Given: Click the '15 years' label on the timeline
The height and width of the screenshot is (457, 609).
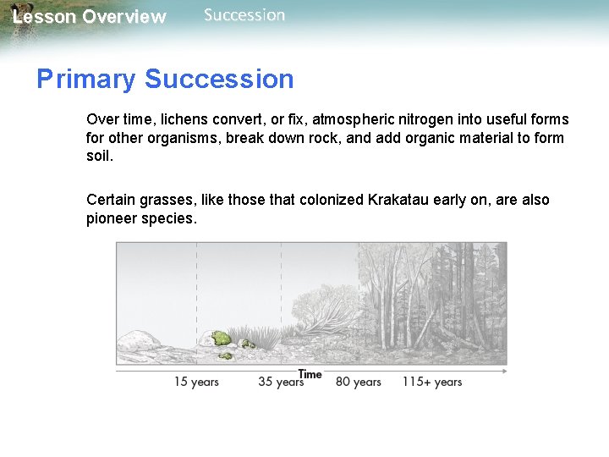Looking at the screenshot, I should point(196,382).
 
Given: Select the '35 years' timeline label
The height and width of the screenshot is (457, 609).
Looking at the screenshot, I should point(280,382).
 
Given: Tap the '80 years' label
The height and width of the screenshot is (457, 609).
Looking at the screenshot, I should point(358,382).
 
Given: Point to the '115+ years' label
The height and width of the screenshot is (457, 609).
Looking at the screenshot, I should point(431,382).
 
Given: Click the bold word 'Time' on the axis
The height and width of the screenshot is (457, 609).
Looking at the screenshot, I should point(310,374).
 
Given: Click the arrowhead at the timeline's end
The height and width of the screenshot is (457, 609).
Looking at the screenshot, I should point(504,370).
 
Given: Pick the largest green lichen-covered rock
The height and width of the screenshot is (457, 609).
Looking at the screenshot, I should point(221,339).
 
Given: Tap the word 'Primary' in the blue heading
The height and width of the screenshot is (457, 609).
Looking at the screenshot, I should point(85,80).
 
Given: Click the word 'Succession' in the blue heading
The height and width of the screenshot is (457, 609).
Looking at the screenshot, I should point(219,80).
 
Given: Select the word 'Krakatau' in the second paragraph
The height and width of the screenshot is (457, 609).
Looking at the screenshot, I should point(400,200).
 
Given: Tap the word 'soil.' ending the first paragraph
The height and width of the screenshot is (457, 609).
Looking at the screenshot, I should point(99,157).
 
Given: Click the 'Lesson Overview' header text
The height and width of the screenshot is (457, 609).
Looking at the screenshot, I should point(90,17).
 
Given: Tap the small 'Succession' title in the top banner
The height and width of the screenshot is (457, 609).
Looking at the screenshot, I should point(244,15).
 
